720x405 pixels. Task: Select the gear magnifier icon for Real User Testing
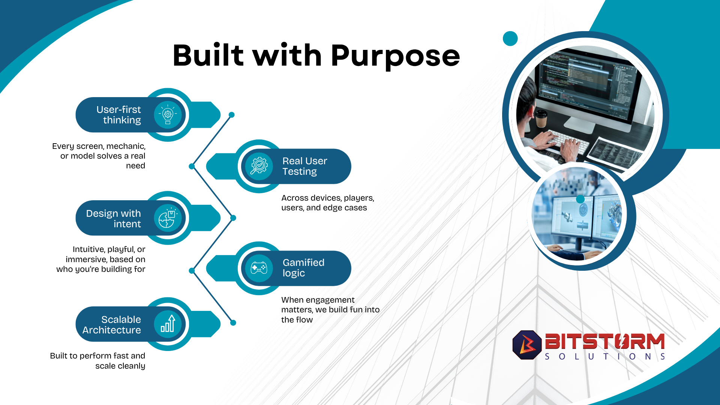click(x=259, y=166)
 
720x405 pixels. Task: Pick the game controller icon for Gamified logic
click(x=259, y=268)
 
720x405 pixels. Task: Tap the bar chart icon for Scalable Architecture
click(x=168, y=324)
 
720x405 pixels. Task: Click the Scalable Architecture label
click(x=112, y=325)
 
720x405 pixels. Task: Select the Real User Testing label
click(x=304, y=166)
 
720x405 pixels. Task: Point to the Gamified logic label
click(x=303, y=268)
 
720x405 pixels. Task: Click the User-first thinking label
click(x=118, y=115)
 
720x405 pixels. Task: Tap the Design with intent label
click(x=114, y=219)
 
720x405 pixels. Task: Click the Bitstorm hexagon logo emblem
click(x=527, y=345)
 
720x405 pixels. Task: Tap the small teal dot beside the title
click(x=510, y=38)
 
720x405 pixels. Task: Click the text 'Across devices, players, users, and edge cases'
click(x=328, y=203)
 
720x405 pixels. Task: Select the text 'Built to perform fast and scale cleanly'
click(x=97, y=361)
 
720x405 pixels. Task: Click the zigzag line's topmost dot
click(x=232, y=115)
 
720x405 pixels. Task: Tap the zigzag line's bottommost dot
click(x=233, y=322)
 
